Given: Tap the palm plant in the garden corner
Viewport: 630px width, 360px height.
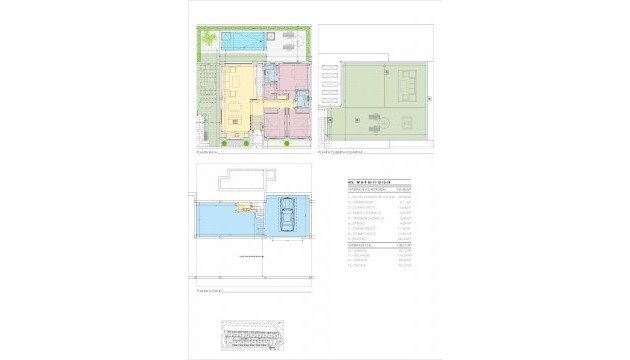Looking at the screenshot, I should point(208,39).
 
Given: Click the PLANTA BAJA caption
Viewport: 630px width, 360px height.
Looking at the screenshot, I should point(206,152).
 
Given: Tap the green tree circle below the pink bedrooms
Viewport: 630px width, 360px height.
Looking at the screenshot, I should point(287,145).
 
